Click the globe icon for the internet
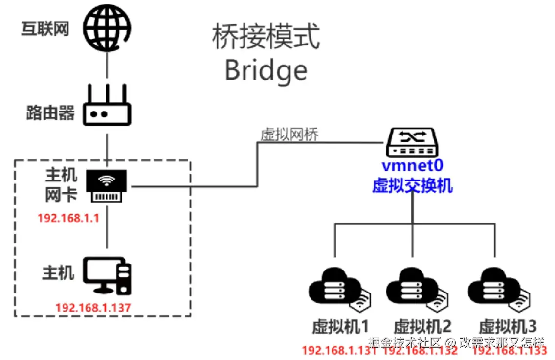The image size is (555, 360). (x=106, y=27)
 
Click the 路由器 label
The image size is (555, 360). (x=50, y=113)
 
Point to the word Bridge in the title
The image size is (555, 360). (x=266, y=70)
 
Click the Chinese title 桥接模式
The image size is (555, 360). (x=266, y=37)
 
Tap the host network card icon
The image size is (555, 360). (x=107, y=186)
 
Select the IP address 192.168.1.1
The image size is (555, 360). (x=68, y=218)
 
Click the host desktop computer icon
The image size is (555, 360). (x=107, y=276)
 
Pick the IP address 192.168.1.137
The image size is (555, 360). (x=93, y=308)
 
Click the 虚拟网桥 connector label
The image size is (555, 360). (x=289, y=135)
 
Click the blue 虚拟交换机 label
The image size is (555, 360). (x=412, y=185)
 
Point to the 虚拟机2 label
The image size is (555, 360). (x=422, y=326)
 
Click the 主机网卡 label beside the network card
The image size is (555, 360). (x=61, y=185)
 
